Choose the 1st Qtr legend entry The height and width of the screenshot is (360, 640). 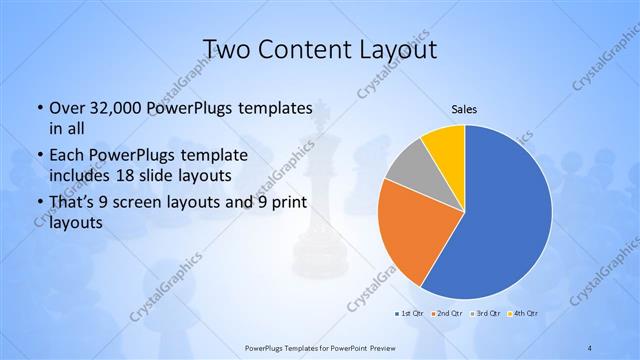(408, 314)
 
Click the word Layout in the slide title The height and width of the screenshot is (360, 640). (400, 49)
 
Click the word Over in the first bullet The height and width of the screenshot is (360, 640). (67, 107)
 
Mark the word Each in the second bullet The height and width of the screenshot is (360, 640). (67, 155)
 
